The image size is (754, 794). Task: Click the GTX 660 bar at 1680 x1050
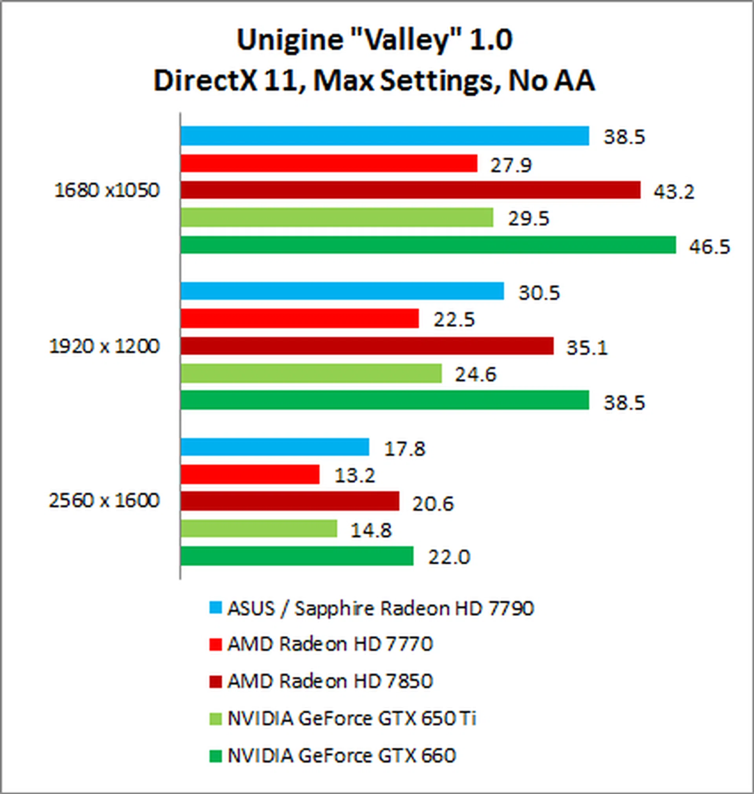(x=428, y=245)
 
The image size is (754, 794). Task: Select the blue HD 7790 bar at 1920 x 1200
(x=342, y=291)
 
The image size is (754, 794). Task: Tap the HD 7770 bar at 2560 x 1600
(x=250, y=474)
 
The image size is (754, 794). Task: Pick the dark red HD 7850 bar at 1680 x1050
(x=410, y=190)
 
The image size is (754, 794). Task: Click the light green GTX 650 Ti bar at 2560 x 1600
(x=258, y=529)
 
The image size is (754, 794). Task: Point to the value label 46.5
(x=709, y=247)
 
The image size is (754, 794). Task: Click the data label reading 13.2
(x=355, y=476)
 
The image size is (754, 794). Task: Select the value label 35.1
(x=587, y=348)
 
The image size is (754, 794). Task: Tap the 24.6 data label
(x=476, y=375)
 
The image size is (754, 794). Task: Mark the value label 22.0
(x=449, y=557)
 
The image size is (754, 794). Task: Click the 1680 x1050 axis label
(x=107, y=190)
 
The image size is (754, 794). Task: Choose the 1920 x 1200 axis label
(x=104, y=346)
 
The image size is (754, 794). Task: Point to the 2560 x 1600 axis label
(x=104, y=501)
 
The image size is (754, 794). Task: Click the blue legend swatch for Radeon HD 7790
(x=216, y=608)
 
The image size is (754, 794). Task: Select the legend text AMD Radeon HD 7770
(x=330, y=644)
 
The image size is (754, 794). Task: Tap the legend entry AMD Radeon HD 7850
(x=330, y=681)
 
